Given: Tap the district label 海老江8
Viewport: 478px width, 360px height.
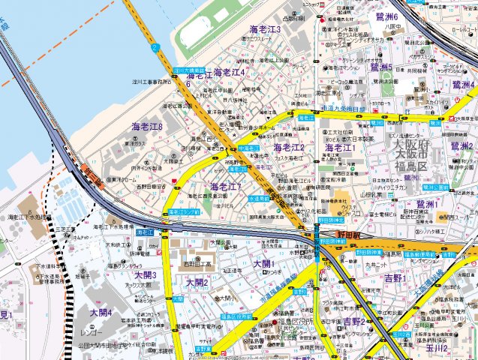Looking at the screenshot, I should coord(147,126).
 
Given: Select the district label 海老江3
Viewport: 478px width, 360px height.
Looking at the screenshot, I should coord(265,29).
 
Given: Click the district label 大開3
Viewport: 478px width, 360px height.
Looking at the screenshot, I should coord(145,275).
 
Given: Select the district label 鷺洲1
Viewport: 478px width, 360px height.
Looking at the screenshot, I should coord(430,204).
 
